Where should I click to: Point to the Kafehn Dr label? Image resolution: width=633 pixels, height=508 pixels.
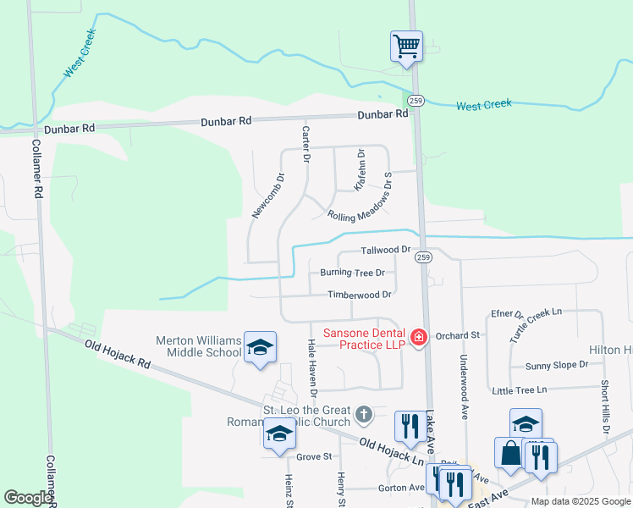(x=361, y=168)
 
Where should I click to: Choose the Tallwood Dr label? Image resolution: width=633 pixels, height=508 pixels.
(x=385, y=250)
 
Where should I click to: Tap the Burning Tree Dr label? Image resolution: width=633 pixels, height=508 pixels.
(x=352, y=273)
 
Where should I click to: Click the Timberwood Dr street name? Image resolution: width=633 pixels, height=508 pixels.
(x=360, y=295)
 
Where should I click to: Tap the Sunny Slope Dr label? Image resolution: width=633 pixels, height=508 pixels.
(x=556, y=365)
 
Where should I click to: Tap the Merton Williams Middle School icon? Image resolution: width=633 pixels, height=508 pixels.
(x=260, y=347)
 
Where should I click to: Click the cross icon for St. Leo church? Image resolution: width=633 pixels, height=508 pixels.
(x=364, y=414)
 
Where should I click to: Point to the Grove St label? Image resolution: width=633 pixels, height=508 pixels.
(x=314, y=456)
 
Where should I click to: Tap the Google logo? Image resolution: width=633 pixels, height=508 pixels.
(x=28, y=498)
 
